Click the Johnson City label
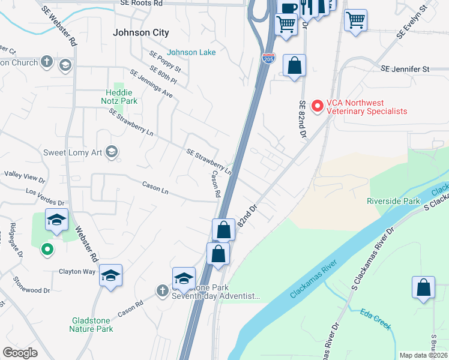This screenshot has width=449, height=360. tap(141, 32)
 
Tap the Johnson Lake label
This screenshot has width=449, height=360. tap(191, 52)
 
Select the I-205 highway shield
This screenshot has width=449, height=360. tap(268, 58)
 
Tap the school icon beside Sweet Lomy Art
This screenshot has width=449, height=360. tap(110, 152)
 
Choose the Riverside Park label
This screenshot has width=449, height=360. tap(393, 201)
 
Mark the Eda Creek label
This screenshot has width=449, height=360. tap(376, 319)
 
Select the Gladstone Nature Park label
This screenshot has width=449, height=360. tap(91, 325)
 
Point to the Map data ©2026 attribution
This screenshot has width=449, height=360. tap(423, 355)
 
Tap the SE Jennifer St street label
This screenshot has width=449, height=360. tap(405, 69)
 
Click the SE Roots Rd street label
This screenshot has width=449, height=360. tap(141, 3)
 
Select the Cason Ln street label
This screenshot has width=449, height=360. tap(155, 185)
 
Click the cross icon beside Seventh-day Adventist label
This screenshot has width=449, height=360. tap(162, 291)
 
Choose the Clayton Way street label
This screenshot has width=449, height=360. tap(77, 271)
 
